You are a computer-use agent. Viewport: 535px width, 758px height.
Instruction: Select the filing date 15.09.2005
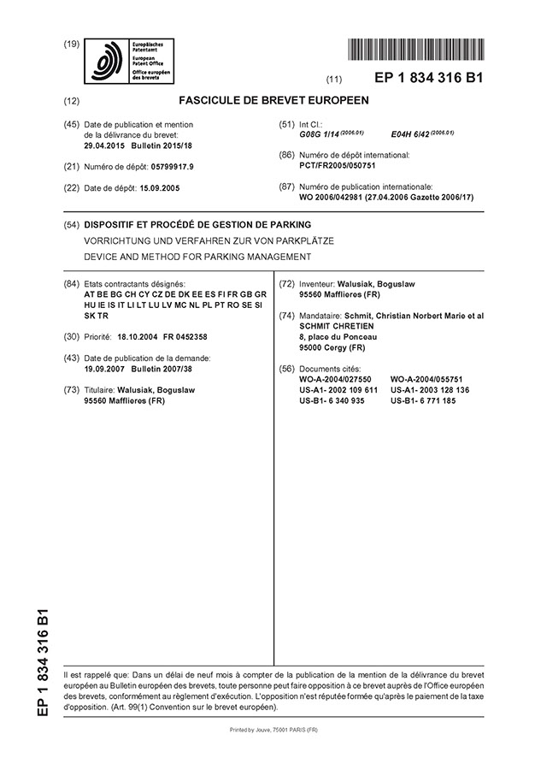tap(161, 187)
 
